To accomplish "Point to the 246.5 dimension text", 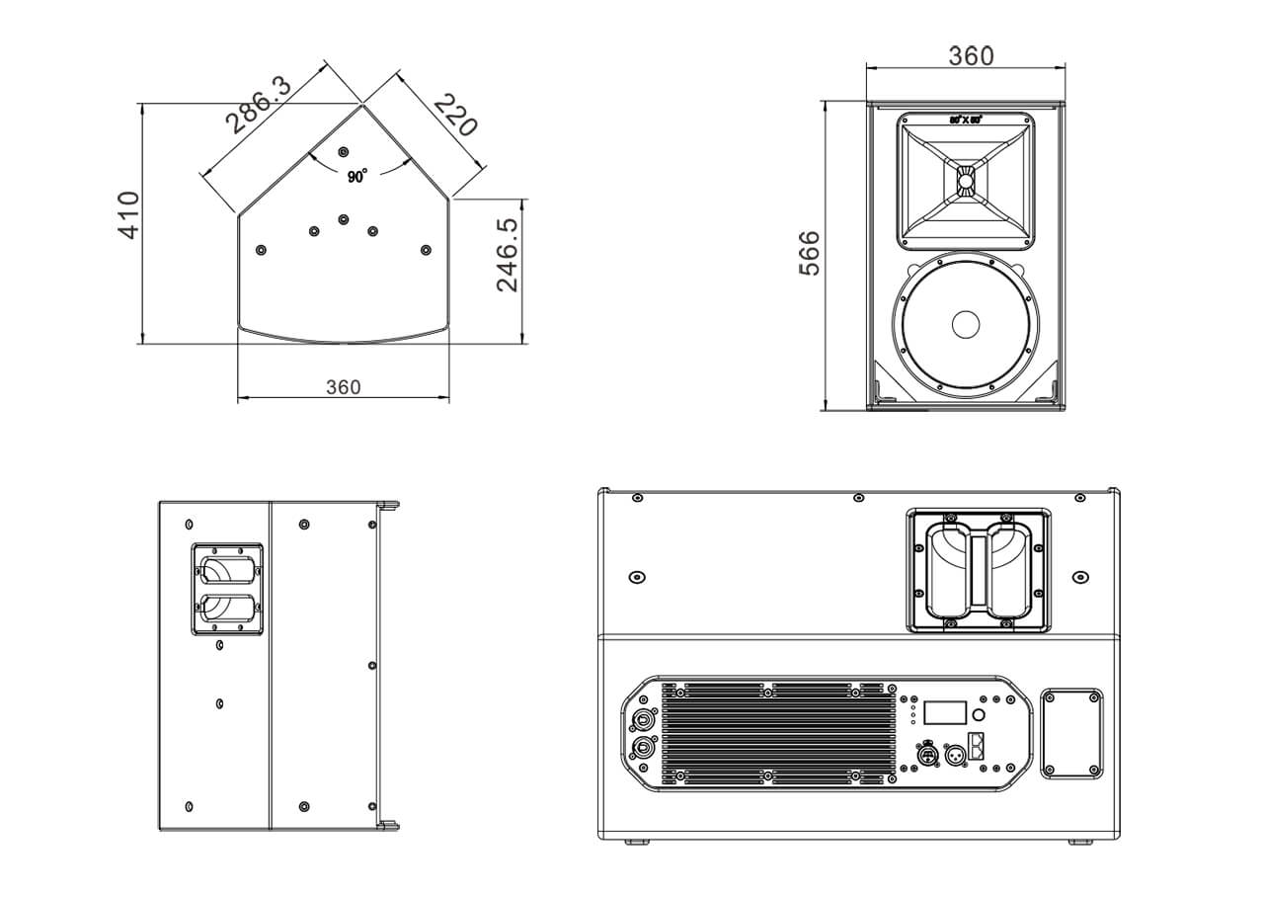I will point(508,255).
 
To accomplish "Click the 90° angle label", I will point(356,176).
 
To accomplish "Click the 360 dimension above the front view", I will point(971,56).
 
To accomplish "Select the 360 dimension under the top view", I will point(343,387).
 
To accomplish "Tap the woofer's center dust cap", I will point(965,323).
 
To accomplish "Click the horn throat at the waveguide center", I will point(965,181).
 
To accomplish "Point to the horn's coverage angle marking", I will point(966,120).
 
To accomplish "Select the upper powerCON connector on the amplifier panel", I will point(643,721).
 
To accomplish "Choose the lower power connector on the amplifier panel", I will point(643,748).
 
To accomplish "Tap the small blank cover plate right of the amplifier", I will point(1071,732).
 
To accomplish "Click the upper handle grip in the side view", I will point(226,571).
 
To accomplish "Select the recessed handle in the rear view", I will point(978,570).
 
